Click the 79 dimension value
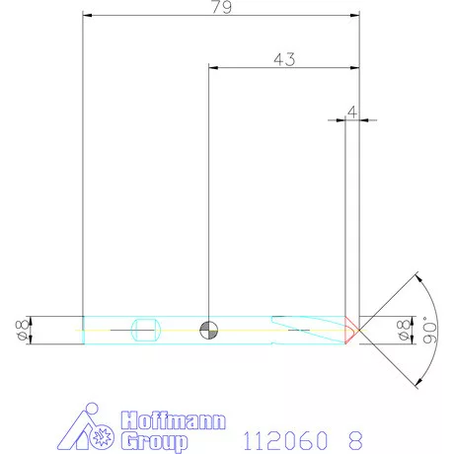pos(220,8)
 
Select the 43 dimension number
pos(283,59)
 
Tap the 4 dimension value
pos(352,113)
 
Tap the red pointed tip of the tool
pos(351,330)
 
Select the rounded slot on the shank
pos(145,330)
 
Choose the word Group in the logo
pos(154,440)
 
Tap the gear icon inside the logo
pos(99,438)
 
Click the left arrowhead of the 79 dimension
pos(87,17)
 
